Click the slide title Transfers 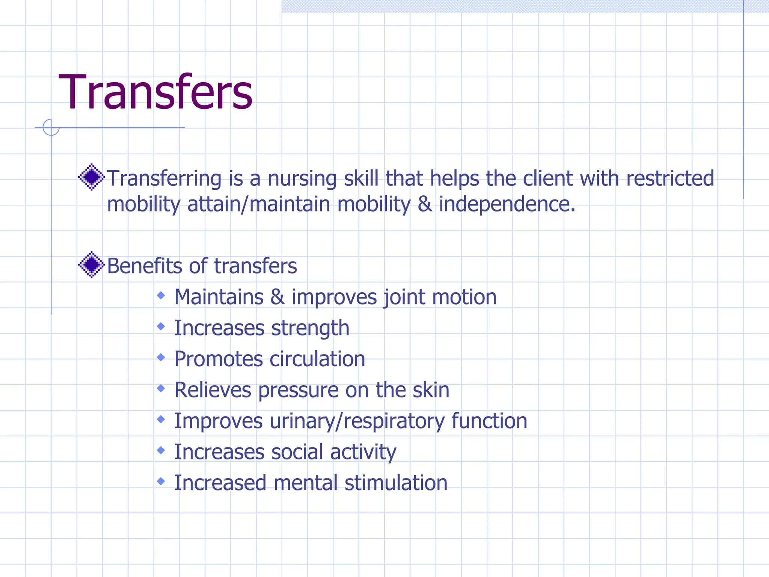[x=155, y=92]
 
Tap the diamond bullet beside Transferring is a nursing [x=91, y=177]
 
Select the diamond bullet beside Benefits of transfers [x=91, y=265]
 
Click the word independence [x=507, y=205]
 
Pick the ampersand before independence [x=424, y=204]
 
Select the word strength [x=310, y=329]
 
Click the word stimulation [x=396, y=483]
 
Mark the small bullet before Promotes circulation [x=161, y=357]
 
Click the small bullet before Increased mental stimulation [x=161, y=481]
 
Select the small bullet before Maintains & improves [x=161, y=296]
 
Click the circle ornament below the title [x=51, y=127]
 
